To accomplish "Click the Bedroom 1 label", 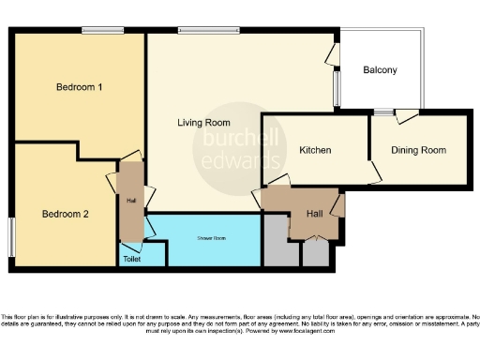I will click(79, 87).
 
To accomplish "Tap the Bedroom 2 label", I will click(66, 214).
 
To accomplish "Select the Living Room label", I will click(204, 123).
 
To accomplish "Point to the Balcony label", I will click(381, 70).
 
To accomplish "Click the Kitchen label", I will click(315, 150).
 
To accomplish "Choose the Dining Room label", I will click(418, 150).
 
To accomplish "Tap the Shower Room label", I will click(211, 238).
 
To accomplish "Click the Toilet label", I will click(131, 258).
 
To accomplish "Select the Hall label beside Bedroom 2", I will click(130, 200).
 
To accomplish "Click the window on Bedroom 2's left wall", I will click(11, 237).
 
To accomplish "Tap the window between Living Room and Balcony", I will click(337, 90).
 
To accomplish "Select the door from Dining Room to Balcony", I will click(406, 117).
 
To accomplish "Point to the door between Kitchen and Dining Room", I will click(374, 172).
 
